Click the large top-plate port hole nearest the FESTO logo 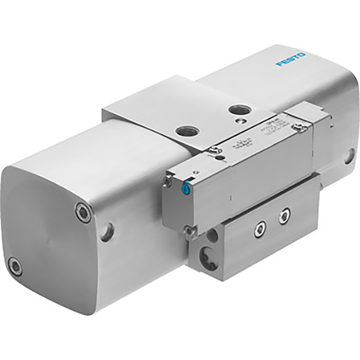238,110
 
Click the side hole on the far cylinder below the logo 349,156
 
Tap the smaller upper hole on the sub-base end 212,237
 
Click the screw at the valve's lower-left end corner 190,229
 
